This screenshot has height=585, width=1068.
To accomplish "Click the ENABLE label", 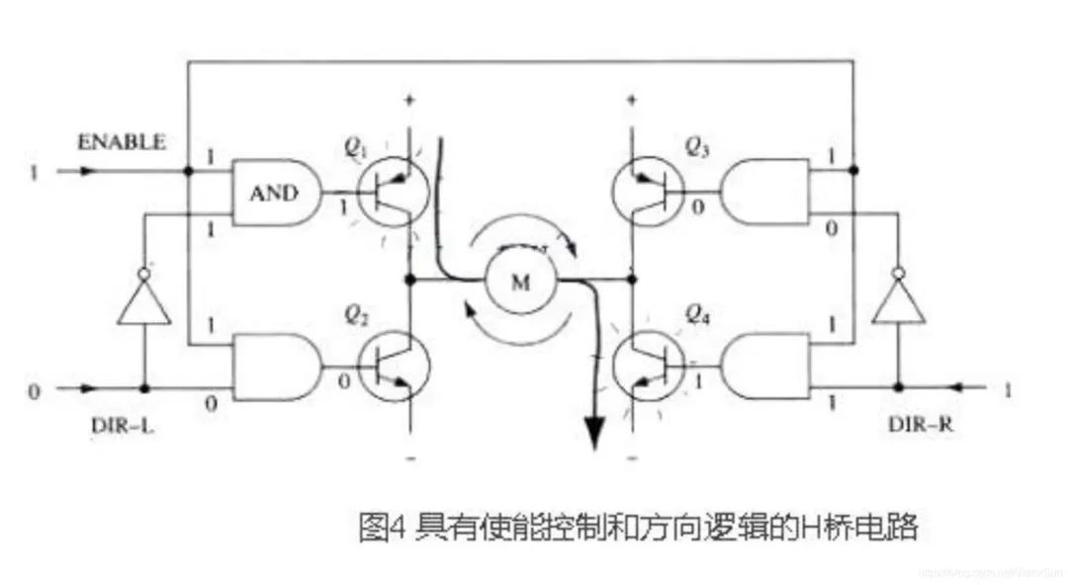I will coord(122,141).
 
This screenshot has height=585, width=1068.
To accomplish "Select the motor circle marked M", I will coord(520,282).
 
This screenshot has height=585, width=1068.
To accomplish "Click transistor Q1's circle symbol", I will coord(394,192).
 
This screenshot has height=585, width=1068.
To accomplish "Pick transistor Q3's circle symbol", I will coord(648,192).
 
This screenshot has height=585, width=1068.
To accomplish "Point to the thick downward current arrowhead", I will coord(593,432).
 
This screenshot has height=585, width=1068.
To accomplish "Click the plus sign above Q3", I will coord(632,99).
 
